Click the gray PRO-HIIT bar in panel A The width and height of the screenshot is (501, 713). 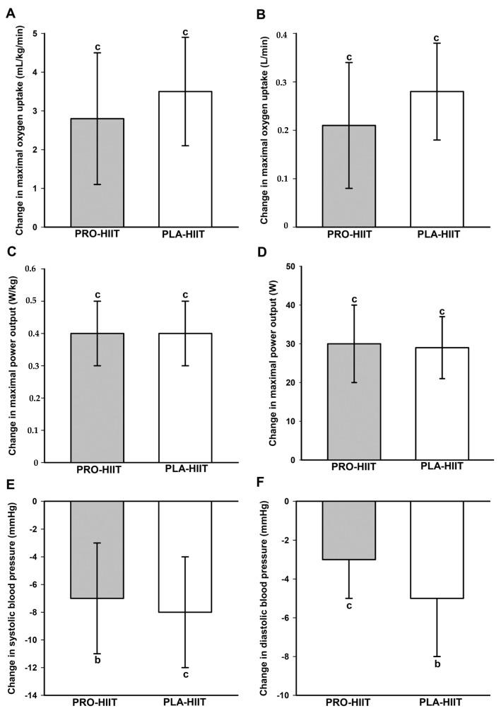(97, 172)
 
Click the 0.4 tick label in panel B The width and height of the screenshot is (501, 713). (283, 34)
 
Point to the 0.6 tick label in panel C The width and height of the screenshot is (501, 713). (31, 269)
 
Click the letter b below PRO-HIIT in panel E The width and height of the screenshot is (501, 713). (97, 661)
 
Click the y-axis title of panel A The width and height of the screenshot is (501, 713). (18, 131)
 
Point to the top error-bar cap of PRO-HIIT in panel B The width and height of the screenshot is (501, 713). (349, 63)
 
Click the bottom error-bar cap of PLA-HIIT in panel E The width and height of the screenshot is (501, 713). (185, 667)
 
